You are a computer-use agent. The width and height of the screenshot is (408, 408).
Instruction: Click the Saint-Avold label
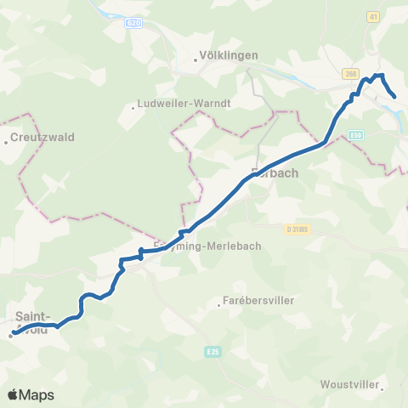click(33, 324)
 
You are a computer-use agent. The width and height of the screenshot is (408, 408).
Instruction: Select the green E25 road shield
click(213, 349)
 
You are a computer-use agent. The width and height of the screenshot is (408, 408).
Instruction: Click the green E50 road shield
click(356, 134)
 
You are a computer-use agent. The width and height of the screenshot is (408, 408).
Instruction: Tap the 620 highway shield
click(133, 23)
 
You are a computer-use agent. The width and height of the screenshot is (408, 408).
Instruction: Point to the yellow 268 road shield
click(352, 74)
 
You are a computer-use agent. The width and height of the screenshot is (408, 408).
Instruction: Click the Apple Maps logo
click(30, 394)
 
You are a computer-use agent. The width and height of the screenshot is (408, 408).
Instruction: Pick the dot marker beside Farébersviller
click(219, 307)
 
